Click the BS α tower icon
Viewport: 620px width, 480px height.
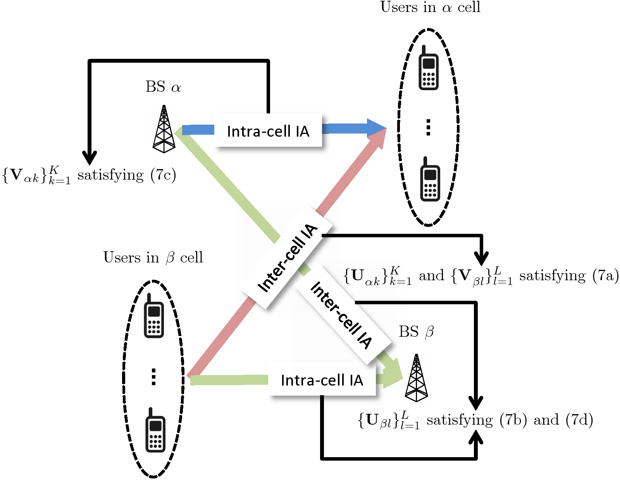pyautogui.click(x=164, y=129)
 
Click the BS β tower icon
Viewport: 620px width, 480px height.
pyautogui.click(x=416, y=378)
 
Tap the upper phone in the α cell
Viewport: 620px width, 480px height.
pyautogui.click(x=428, y=69)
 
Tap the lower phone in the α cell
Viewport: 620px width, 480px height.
pyautogui.click(x=430, y=180)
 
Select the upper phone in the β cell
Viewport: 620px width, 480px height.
pyautogui.click(x=154, y=317)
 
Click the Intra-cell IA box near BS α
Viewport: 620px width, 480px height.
pyautogui.click(x=268, y=131)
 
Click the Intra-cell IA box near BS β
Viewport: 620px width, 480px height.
pyautogui.click(x=322, y=380)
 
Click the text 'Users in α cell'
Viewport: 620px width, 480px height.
pyautogui.click(x=430, y=7)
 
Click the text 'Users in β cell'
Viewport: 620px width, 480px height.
pyautogui.click(x=153, y=257)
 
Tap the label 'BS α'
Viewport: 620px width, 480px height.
pyautogui.click(x=163, y=87)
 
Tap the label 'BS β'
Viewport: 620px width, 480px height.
pyautogui.click(x=416, y=332)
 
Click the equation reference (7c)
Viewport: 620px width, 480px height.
pyautogui.click(x=164, y=175)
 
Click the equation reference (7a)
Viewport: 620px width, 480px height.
pyautogui.click(x=605, y=276)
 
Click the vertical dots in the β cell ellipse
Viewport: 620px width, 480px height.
pyautogui.click(x=154, y=377)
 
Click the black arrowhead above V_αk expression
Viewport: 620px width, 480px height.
pyautogui.click(x=90, y=158)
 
